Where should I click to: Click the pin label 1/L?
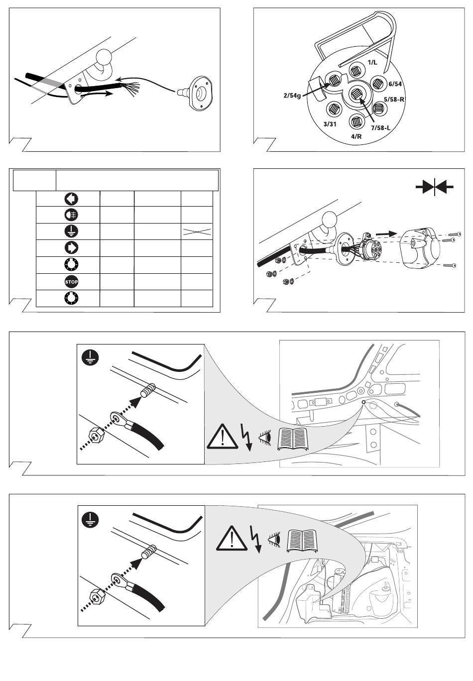click(372, 62)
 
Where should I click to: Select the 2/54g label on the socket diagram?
click(292, 94)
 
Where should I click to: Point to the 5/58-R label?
click(394, 99)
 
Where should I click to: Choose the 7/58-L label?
click(379, 127)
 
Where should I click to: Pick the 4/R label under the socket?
click(356, 136)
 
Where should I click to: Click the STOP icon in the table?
click(72, 282)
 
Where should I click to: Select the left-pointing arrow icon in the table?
click(72, 199)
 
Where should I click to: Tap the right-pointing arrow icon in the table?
click(72, 247)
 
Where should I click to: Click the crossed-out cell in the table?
click(197, 231)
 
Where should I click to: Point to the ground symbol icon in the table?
click(72, 231)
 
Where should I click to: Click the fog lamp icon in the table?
click(72, 215)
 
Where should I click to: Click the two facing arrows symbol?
click(434, 187)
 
